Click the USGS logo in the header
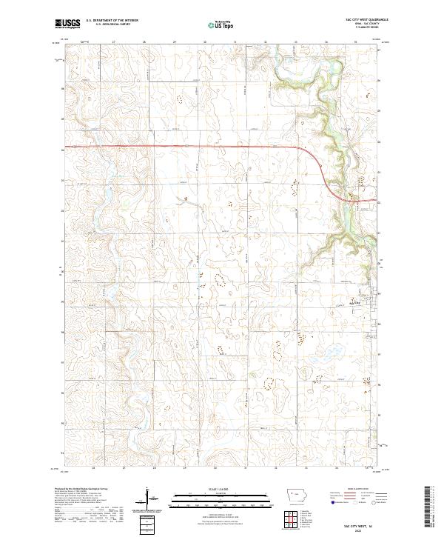tap(68, 24)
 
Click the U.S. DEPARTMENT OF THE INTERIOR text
tap(112, 21)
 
